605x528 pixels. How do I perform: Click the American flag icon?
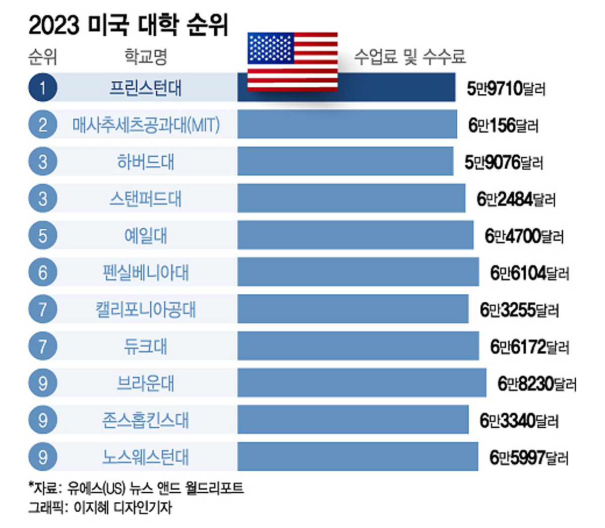pyautogui.click(x=292, y=61)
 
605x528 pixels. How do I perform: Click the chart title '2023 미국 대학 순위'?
pyautogui.click(x=129, y=25)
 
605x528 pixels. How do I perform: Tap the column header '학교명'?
pyautogui.click(x=146, y=56)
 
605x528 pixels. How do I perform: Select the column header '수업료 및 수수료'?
pyautogui.click(x=409, y=56)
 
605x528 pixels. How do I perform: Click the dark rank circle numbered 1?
pyautogui.click(x=43, y=88)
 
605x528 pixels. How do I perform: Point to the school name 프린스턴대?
pyautogui.click(x=146, y=88)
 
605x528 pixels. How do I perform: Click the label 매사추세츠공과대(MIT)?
pyautogui.click(x=146, y=125)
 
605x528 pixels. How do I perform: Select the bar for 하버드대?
pyautogui.click(x=345, y=162)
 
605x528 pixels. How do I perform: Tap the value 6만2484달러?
pyautogui.click(x=516, y=200)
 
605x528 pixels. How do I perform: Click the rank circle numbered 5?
pyautogui.click(x=43, y=235)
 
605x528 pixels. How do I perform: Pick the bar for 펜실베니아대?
pyautogui.click(x=358, y=272)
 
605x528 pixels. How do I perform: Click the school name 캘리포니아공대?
pyautogui.click(x=146, y=309)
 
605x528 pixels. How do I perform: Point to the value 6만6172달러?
pyautogui.click(x=529, y=347)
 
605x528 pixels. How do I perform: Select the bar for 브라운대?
pyautogui.click(x=361, y=383)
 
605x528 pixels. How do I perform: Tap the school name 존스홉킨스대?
pyautogui.click(x=146, y=420)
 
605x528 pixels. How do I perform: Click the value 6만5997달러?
pyautogui.click(x=529, y=457)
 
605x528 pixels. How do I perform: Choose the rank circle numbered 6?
pyautogui.click(x=43, y=272)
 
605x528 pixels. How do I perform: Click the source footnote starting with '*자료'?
pyautogui.click(x=136, y=488)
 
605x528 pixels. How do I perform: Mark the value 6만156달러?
pyautogui.click(x=503, y=125)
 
